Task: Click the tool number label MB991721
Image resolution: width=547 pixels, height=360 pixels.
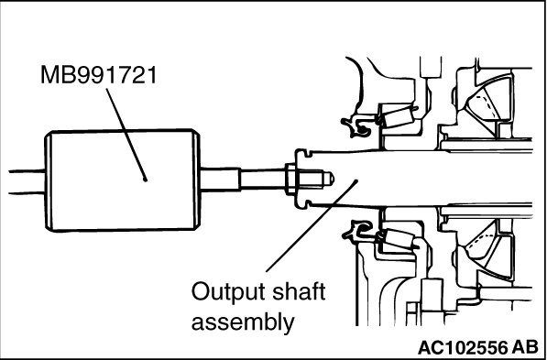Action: point(99,75)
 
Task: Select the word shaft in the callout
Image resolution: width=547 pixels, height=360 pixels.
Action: point(299,292)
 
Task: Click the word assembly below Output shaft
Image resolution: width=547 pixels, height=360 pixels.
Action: point(243,322)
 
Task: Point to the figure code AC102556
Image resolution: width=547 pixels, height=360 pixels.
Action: point(462,347)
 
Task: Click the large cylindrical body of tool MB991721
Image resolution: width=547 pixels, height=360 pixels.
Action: point(123,180)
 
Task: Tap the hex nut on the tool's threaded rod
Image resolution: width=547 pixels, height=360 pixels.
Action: point(291,179)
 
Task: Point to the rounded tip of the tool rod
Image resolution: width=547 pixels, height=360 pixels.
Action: point(329,179)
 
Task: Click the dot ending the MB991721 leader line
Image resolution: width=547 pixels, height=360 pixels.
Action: point(145,180)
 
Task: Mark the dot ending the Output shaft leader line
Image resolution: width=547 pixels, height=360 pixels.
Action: point(356,180)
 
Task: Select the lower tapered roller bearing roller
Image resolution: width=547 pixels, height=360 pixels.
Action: point(398,239)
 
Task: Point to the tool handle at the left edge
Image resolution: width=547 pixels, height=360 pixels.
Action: point(27,181)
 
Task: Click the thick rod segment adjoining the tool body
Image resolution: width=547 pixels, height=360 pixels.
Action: point(221,179)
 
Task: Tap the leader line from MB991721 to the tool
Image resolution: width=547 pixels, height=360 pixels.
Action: point(126,134)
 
